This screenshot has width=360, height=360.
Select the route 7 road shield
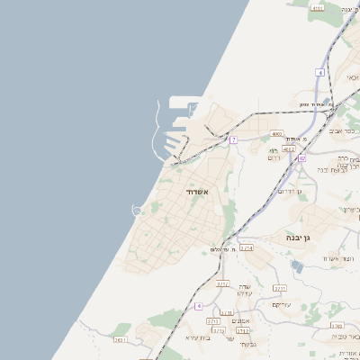point(233,139)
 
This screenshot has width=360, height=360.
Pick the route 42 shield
point(302,158)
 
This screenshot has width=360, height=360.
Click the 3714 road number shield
point(246,247)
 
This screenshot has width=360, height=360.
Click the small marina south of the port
point(138,211)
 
